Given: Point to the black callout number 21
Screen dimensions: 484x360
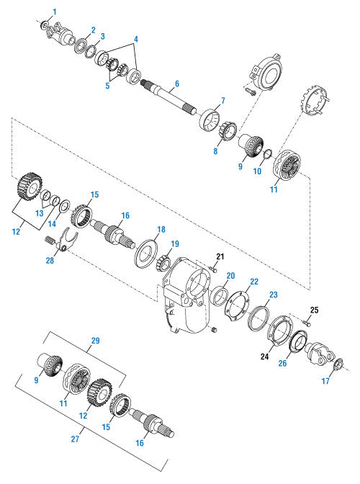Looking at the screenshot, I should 221,257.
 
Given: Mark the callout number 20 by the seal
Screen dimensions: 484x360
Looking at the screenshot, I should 230,275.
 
